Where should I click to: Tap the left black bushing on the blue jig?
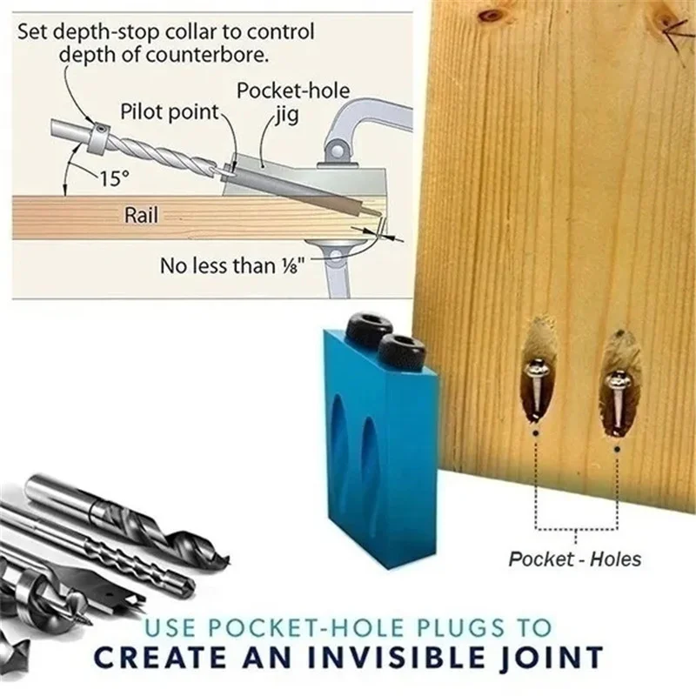(x=365, y=328)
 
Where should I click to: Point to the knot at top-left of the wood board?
(x=493, y=15)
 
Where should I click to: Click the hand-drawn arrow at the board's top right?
(x=675, y=36)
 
